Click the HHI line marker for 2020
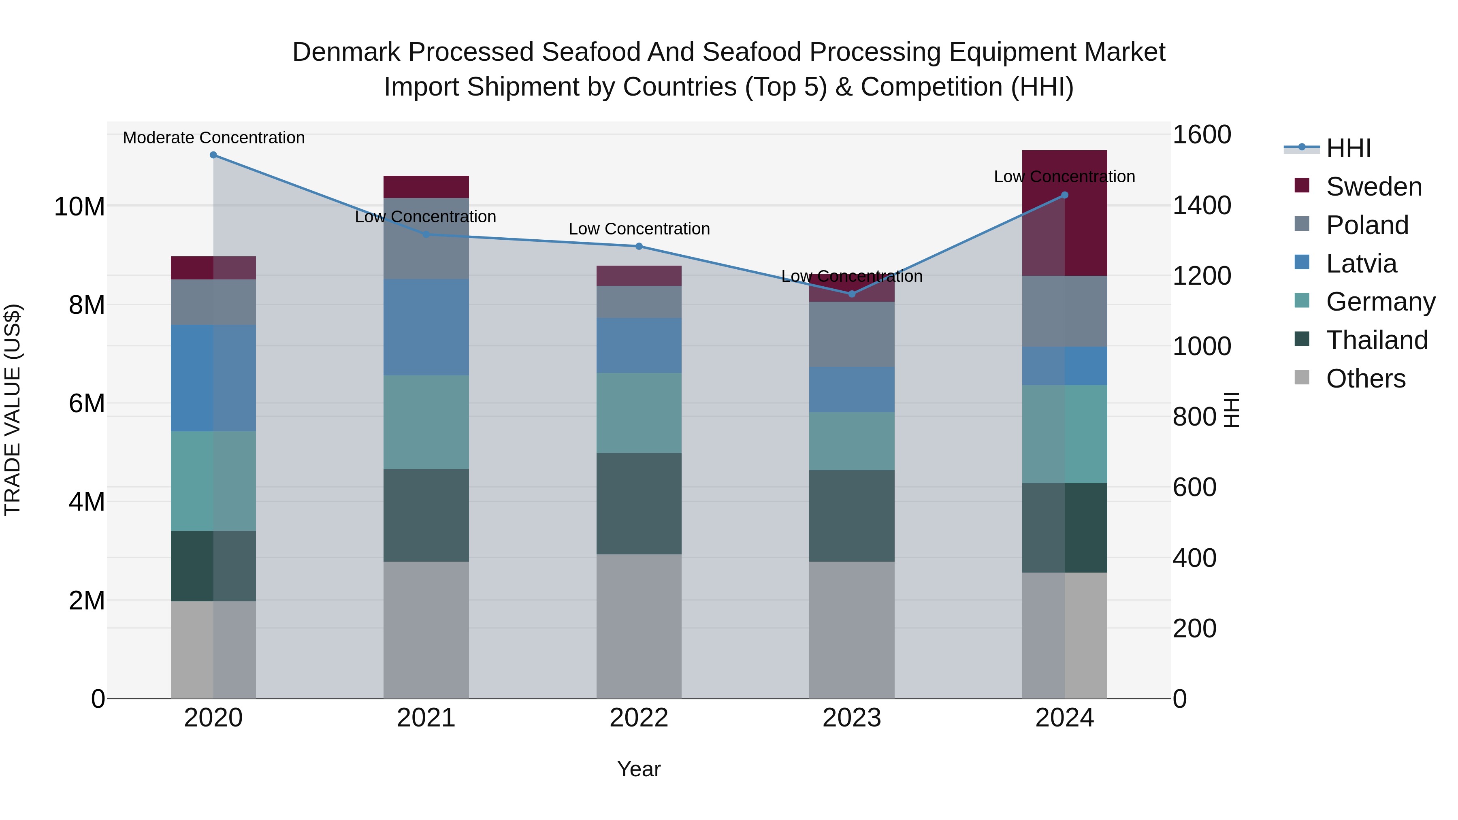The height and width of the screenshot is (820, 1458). click(x=213, y=155)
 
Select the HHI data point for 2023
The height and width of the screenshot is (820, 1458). click(x=851, y=294)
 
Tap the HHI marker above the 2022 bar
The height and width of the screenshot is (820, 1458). click(x=639, y=246)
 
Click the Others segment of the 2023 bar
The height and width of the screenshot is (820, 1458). click(x=851, y=629)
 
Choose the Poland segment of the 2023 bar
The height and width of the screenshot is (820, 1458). click(x=851, y=334)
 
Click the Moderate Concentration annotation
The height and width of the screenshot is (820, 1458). click(x=213, y=138)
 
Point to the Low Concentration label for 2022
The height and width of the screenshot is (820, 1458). click(x=639, y=229)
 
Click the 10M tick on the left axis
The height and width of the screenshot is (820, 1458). click(x=79, y=207)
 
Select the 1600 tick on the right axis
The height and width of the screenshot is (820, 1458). click(x=1201, y=135)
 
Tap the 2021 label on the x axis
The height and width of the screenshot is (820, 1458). click(x=426, y=718)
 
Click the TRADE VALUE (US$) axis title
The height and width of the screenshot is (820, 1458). click(x=13, y=410)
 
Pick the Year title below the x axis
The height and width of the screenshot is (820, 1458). click(x=639, y=769)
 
